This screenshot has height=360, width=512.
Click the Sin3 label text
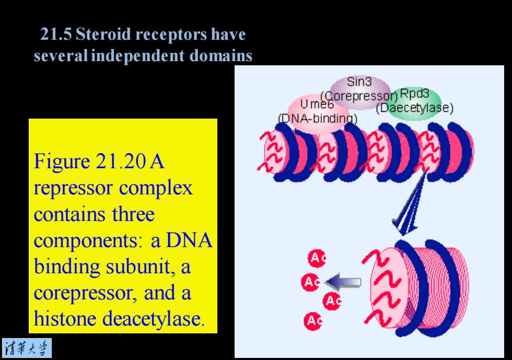(x=359, y=82)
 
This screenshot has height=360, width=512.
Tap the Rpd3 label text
(x=414, y=94)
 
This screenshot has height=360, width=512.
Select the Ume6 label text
(x=317, y=104)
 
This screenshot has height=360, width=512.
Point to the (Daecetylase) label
(x=415, y=108)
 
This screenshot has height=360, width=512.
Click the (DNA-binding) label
(x=318, y=118)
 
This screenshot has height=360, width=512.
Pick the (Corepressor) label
(x=359, y=96)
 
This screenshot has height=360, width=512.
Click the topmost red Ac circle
(x=317, y=258)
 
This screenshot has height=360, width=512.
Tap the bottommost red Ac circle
(x=313, y=321)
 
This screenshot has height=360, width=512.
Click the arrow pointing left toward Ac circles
(x=343, y=282)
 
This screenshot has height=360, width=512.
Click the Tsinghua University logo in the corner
(x=27, y=348)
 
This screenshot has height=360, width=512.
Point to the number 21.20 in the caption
(x=121, y=161)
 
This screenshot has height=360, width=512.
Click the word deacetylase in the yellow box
(x=154, y=318)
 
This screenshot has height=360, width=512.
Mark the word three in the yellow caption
(x=133, y=214)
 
